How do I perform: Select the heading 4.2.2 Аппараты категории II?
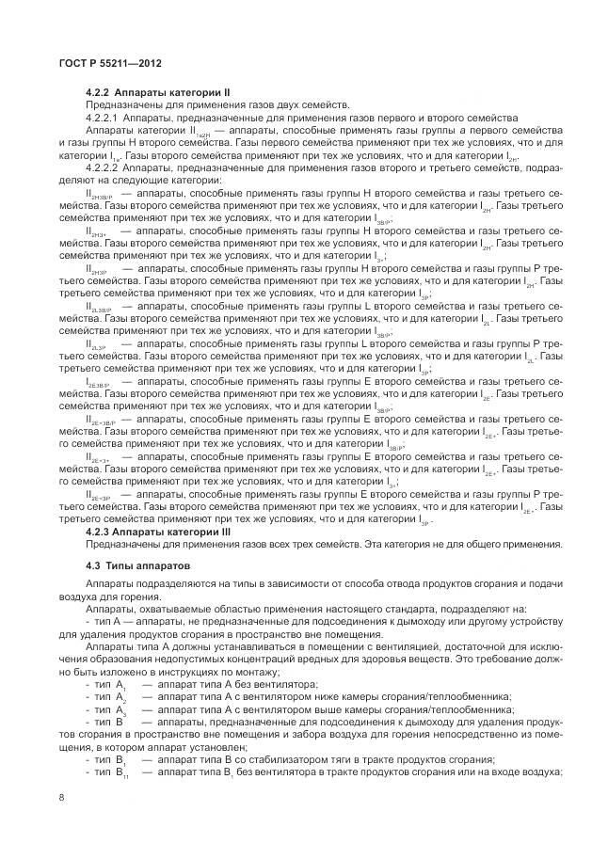click(158, 92)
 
